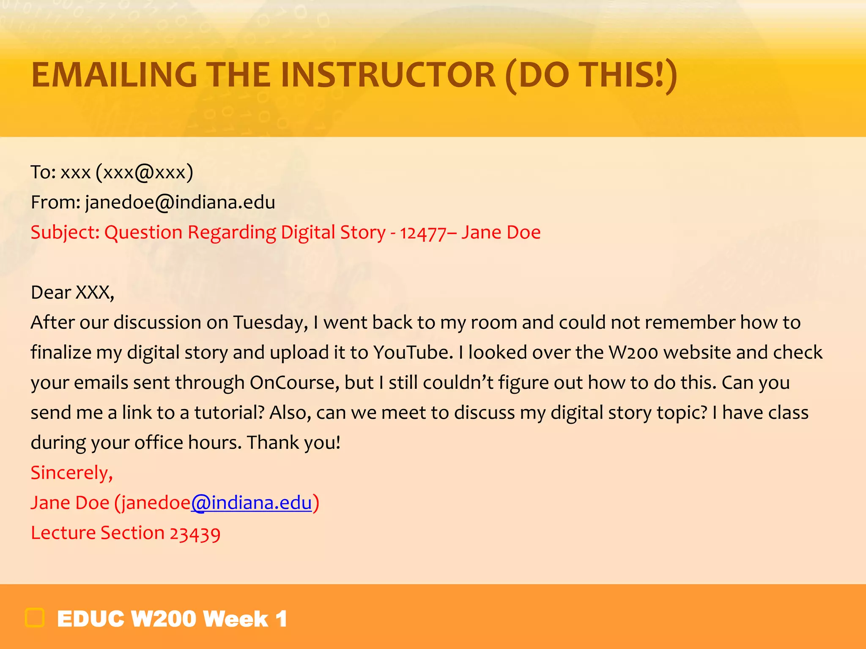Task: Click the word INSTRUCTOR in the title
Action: pos(388,75)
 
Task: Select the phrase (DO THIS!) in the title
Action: pos(591,75)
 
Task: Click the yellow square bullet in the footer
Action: pos(35,618)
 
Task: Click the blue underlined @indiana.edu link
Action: pos(251,503)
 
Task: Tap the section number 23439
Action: pos(195,533)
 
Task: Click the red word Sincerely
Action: pos(71,473)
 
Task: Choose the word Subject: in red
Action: pos(65,233)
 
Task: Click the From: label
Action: pos(55,202)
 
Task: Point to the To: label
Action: pos(43,172)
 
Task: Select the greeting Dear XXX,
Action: pos(72,292)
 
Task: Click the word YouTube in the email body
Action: pos(413,352)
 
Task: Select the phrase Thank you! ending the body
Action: pos(293,443)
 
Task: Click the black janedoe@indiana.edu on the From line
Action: pos(180,202)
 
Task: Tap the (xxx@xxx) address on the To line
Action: pos(144,172)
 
